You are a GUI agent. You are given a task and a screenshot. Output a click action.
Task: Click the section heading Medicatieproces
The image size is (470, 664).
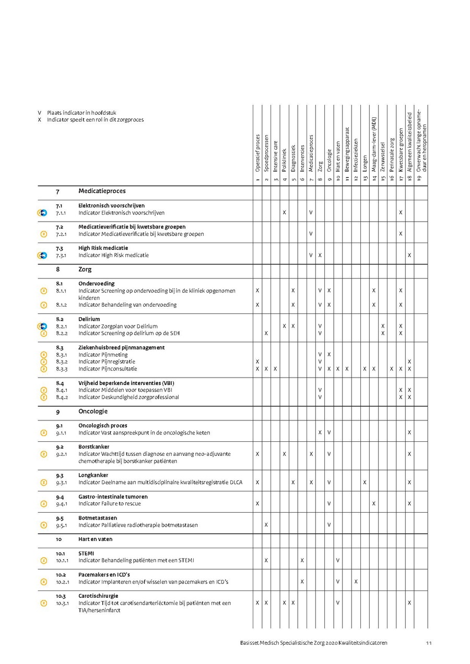pyautogui.click(x=102, y=191)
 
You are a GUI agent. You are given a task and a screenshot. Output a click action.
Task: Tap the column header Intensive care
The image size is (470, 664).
pyautogui.click(x=275, y=155)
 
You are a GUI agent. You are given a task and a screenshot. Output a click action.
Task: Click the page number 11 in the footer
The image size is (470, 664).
pyautogui.click(x=428, y=643)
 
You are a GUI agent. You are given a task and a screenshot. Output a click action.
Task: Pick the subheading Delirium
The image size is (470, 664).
pyautogui.click(x=89, y=319)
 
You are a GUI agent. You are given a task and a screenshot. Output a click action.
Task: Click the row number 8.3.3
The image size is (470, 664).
pyautogui.click(x=63, y=369)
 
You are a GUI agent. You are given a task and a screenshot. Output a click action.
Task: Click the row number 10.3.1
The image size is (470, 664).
pyautogui.click(x=63, y=603)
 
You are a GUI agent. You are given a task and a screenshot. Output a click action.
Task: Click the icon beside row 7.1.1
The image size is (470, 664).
pyautogui.click(x=42, y=213)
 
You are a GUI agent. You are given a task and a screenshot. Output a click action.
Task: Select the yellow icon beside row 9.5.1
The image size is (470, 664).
pyautogui.click(x=44, y=525)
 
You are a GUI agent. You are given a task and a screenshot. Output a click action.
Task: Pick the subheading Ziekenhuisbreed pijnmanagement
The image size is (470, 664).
pyautogui.click(x=121, y=347)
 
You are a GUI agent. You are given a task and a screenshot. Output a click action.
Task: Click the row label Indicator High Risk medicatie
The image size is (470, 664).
pyautogui.click(x=113, y=256)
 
